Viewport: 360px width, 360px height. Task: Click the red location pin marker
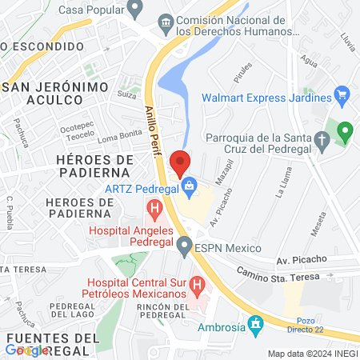[x=181, y=162]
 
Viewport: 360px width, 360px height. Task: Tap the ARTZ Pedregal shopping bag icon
[x=189, y=190]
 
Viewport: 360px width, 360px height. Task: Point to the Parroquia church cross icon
[x=322, y=142]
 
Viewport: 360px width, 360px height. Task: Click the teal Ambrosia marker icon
[x=256, y=325]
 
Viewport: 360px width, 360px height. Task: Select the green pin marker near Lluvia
[x=345, y=131]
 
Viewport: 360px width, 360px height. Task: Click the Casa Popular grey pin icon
[x=134, y=8]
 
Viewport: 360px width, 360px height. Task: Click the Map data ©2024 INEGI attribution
[x=312, y=354]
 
